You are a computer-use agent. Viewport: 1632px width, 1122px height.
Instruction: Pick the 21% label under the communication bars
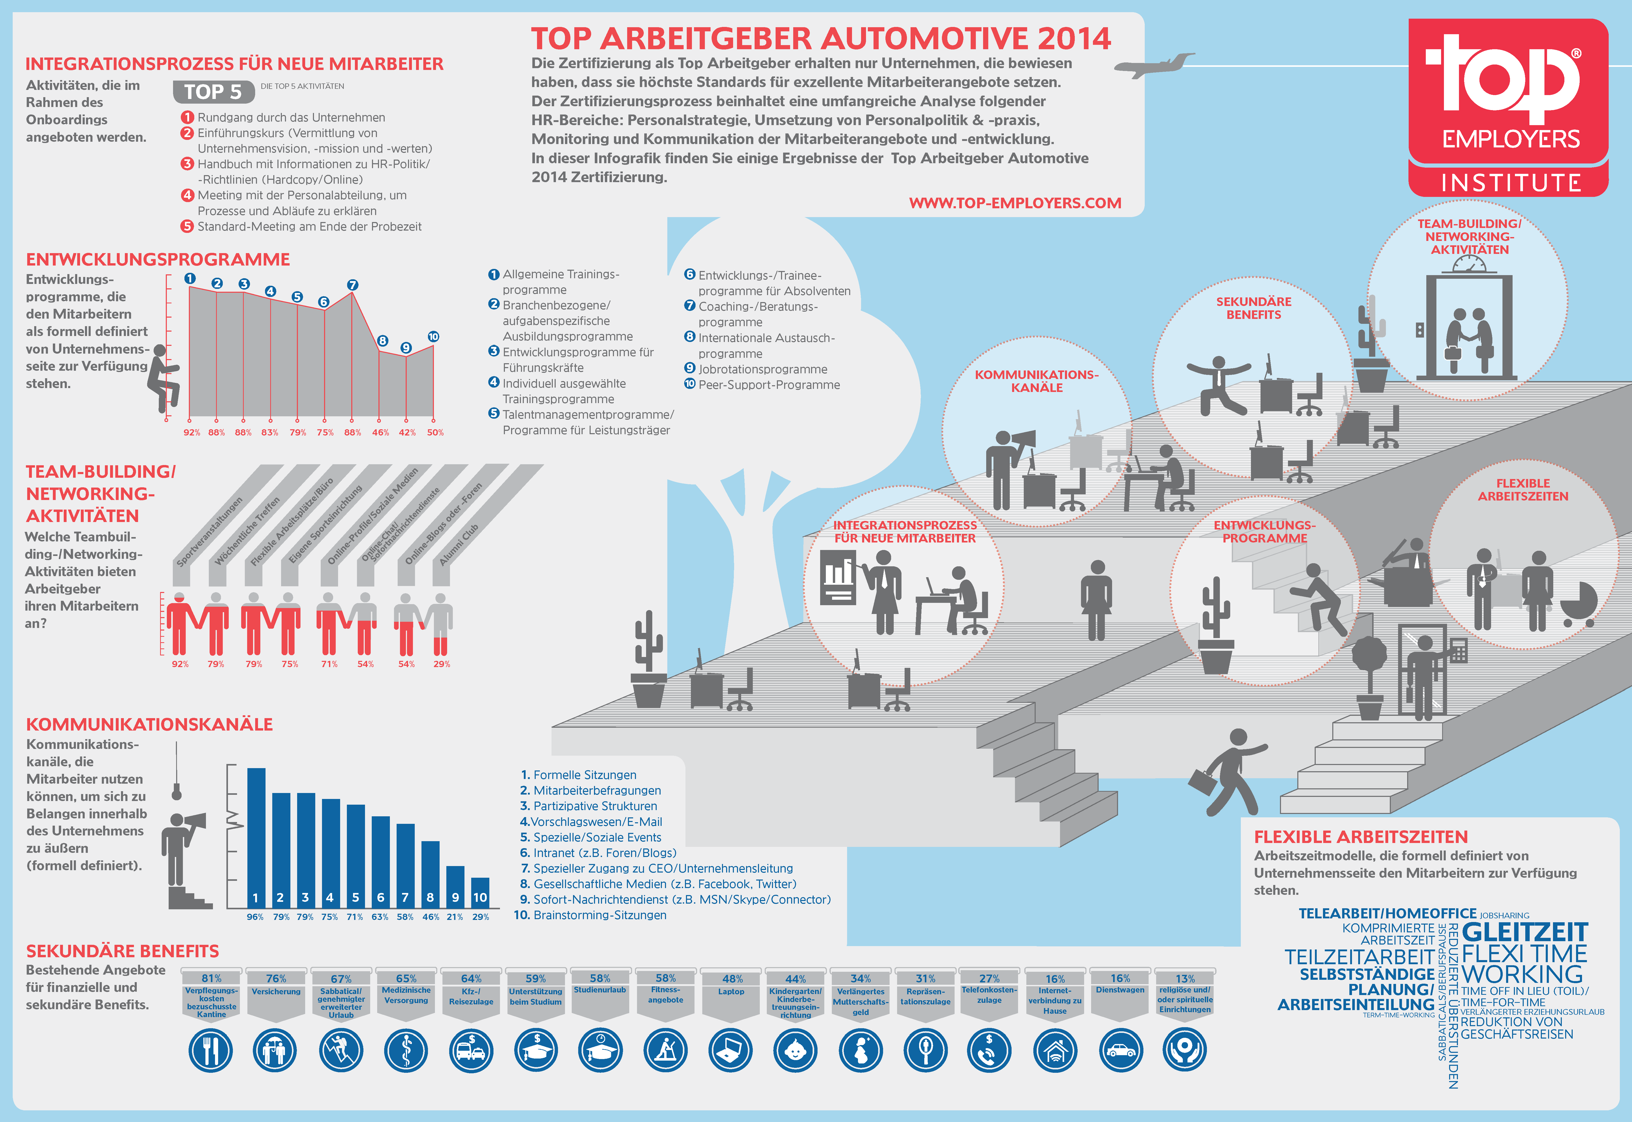point(455,917)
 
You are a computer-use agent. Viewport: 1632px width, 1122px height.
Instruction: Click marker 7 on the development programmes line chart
point(353,285)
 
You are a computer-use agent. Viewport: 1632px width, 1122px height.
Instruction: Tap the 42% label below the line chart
point(407,432)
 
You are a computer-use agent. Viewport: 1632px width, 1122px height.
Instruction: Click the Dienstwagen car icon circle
point(1120,1050)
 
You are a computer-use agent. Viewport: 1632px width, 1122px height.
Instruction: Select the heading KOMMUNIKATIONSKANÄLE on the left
point(149,724)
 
